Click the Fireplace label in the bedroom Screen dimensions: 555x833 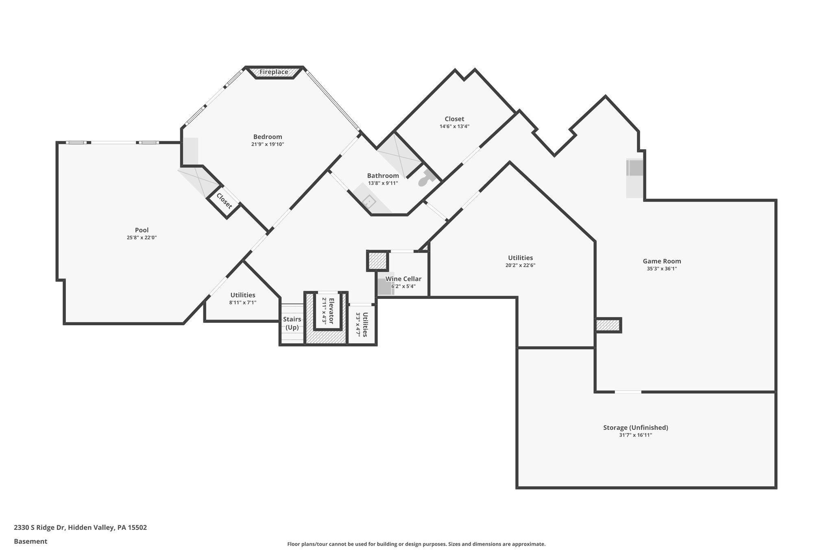click(274, 72)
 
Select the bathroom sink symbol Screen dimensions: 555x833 click(369, 201)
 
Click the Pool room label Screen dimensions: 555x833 click(142, 230)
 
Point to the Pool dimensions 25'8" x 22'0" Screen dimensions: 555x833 click(142, 237)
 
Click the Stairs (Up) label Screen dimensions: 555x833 click(292, 323)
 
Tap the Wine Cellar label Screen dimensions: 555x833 click(403, 279)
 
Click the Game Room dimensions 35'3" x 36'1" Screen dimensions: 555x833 click(662, 268)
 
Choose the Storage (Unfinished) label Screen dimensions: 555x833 click(635, 427)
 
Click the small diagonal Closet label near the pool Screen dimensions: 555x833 click(224, 201)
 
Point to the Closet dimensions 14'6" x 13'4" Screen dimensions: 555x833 click(454, 126)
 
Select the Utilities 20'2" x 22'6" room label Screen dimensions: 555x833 click(520, 258)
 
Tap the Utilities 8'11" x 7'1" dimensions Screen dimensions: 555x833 click(243, 303)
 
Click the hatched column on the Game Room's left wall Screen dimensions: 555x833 click(608, 325)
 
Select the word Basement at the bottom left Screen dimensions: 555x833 click(31, 541)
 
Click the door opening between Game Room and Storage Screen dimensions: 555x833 click(628, 392)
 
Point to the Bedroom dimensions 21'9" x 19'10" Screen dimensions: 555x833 click(267, 144)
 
